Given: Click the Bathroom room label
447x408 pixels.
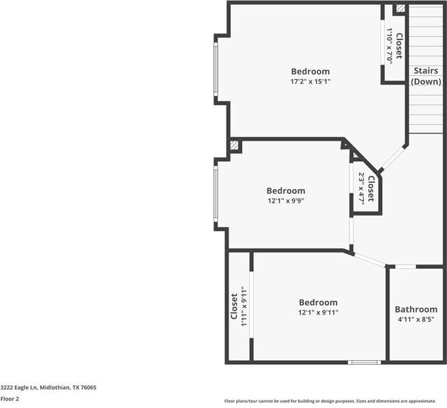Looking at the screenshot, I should [x=416, y=309].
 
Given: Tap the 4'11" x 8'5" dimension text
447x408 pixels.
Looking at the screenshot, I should [x=416, y=319].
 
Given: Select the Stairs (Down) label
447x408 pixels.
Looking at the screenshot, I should [x=426, y=76].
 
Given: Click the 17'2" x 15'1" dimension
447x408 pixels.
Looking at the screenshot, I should [x=311, y=81].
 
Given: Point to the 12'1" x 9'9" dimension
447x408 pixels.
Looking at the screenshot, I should [x=285, y=201].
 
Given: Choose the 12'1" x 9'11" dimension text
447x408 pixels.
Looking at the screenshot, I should [x=318, y=312].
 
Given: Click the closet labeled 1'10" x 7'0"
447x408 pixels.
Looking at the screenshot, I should [x=394, y=46].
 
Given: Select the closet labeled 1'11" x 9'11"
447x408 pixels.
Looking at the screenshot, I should [x=238, y=307].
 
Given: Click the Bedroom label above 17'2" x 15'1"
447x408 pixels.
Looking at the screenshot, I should [x=311, y=71].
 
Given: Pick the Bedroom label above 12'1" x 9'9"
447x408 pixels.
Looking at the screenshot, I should [x=285, y=190].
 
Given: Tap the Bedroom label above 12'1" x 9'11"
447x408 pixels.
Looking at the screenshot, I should [x=318, y=302].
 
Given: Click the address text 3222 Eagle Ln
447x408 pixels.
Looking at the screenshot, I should [x=48, y=387].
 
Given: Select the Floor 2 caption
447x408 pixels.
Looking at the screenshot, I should [x=10, y=398].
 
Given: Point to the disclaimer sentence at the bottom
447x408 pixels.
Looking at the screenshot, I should [x=334, y=401].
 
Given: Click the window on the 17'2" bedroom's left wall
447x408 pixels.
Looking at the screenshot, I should [x=216, y=69].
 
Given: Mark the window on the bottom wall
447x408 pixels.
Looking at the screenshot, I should [x=364, y=362].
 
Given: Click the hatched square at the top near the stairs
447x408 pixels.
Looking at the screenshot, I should [x=400, y=9].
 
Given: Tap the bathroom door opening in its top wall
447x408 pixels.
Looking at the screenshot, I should [x=405, y=266].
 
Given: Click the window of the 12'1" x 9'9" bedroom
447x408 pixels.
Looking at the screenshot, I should [x=216, y=194].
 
